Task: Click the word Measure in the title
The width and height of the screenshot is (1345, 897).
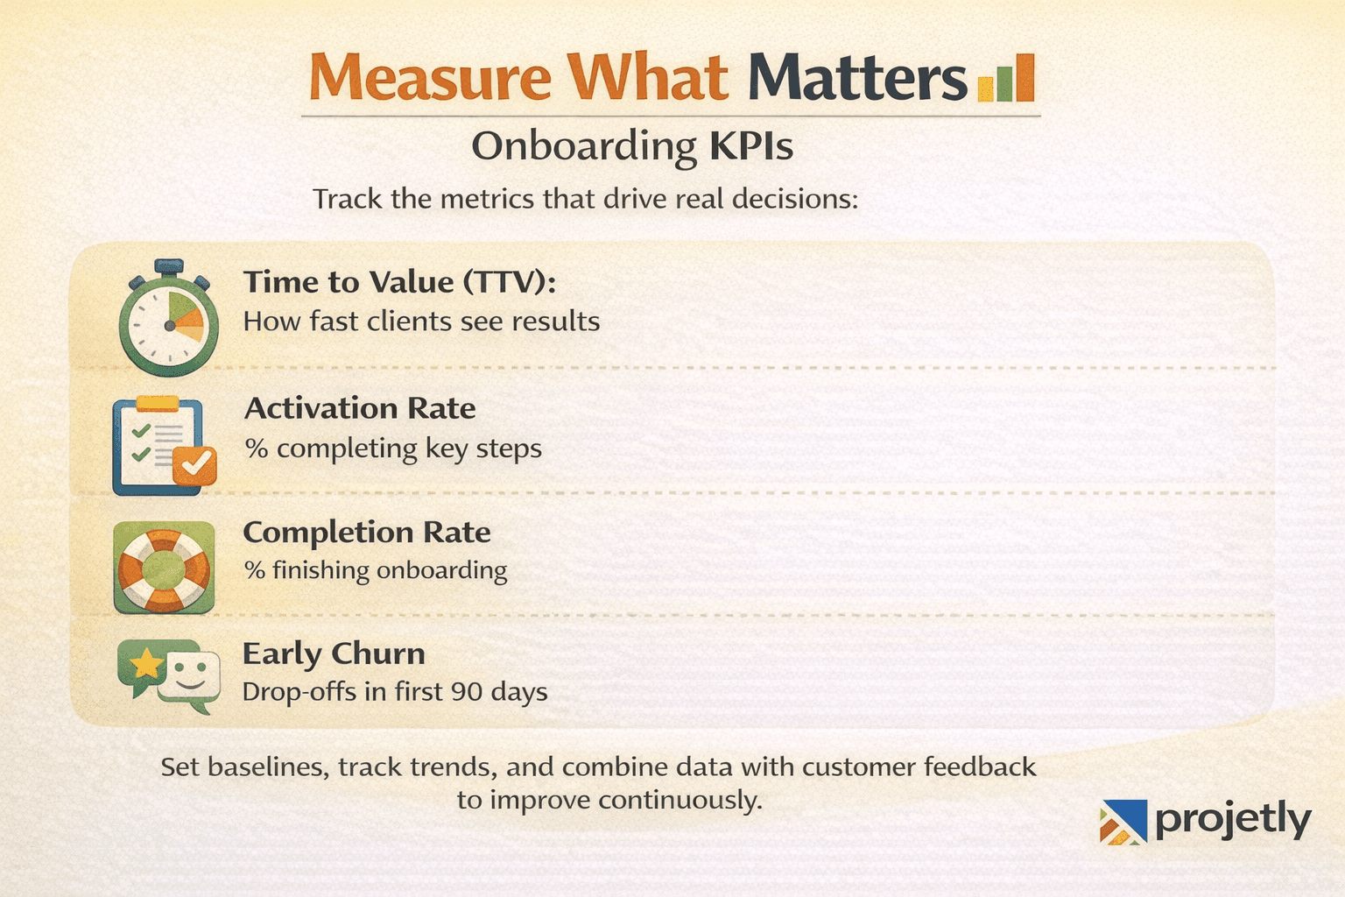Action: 430,78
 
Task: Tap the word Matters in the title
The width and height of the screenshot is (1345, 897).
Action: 857,78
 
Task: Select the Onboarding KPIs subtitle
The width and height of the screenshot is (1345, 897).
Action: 632,146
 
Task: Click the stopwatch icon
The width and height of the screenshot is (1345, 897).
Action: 168,321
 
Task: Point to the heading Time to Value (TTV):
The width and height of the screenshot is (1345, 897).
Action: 399,282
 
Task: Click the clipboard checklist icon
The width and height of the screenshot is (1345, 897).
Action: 158,445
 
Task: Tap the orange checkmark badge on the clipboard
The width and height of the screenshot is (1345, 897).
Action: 194,465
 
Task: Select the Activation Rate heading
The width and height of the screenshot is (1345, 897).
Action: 359,408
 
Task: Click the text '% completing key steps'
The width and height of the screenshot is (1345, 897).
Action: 392,448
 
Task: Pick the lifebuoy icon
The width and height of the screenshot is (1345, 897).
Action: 164,568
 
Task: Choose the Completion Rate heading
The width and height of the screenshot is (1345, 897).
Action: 366,533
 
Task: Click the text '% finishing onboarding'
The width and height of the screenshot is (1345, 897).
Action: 376,570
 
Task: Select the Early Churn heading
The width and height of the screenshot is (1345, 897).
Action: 334,653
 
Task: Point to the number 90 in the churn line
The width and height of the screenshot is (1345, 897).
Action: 466,692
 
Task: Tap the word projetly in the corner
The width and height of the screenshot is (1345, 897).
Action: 1233,821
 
